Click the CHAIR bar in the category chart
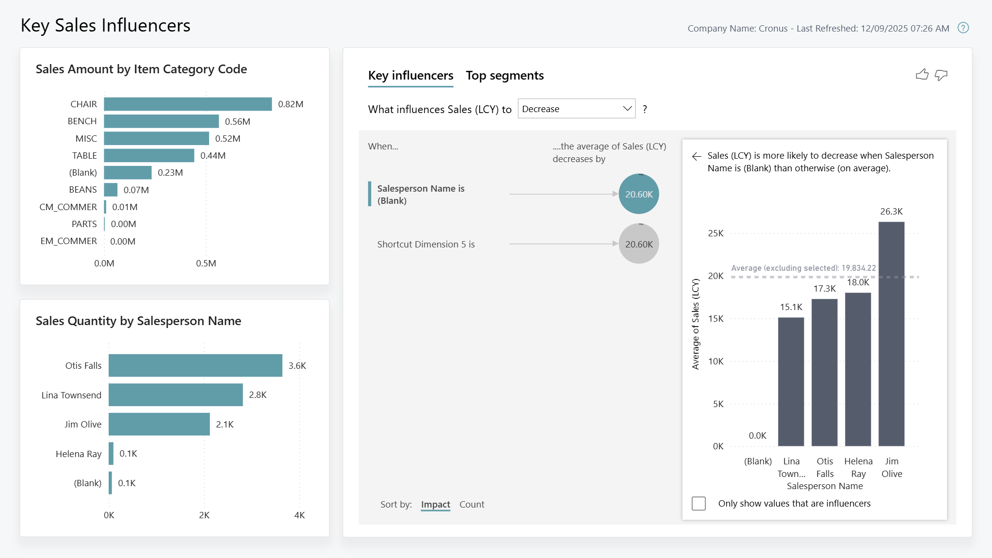pos(188,104)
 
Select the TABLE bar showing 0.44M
pos(149,155)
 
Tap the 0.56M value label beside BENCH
pos(237,121)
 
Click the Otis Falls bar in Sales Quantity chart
pos(195,365)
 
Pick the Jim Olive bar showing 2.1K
pos(159,424)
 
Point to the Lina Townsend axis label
pos(71,395)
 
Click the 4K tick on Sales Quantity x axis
pos(299,515)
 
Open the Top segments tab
pos(504,76)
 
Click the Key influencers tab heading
pos(410,76)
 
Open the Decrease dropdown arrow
pos(627,109)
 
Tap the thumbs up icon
pos(922,75)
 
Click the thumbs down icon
pos(941,75)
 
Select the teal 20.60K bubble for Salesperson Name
pos(638,194)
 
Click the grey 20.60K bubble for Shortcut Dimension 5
pos(638,244)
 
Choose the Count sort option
pos(472,504)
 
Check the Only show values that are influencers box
pos(699,503)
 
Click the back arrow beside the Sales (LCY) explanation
pos(697,156)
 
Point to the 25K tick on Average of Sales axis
pos(716,233)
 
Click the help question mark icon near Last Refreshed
pos(963,28)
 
